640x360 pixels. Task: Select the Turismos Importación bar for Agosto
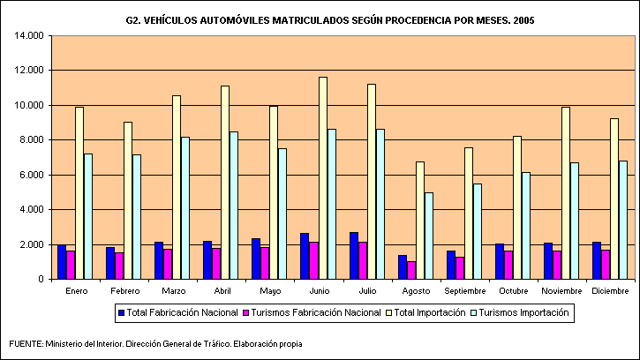[429, 236]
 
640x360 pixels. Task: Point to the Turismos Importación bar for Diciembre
[623, 220]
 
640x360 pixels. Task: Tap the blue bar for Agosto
[403, 266]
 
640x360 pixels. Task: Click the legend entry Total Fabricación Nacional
[176, 312]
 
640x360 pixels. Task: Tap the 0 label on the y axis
[41, 279]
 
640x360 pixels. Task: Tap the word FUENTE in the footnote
[24, 344]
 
